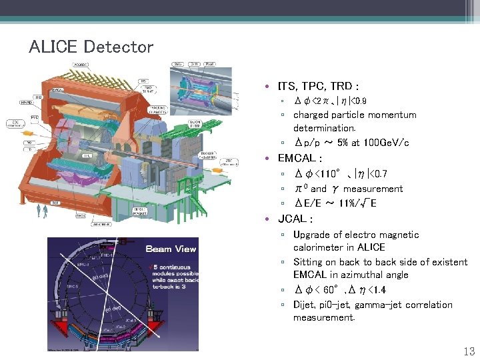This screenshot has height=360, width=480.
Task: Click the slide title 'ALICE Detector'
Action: point(91,47)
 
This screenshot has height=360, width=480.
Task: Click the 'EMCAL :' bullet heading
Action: point(300,159)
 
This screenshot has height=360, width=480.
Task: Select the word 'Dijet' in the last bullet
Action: point(305,305)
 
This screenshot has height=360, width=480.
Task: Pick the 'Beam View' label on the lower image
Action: point(171,249)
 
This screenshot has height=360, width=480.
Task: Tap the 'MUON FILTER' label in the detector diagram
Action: point(195,124)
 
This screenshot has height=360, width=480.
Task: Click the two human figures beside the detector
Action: point(43,211)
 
